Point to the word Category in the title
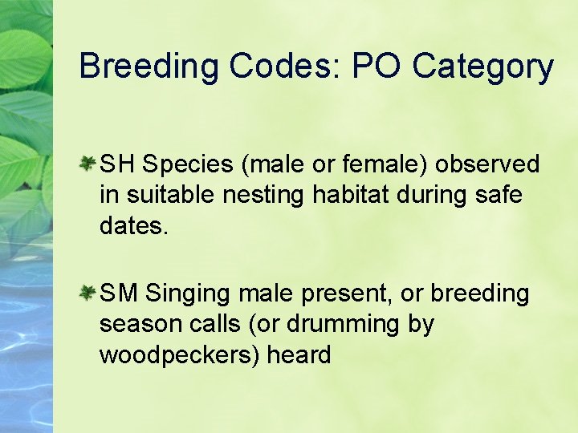point(482,67)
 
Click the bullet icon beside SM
point(88,294)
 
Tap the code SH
point(117,164)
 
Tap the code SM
point(119,294)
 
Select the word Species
point(188,165)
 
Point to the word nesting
point(242,195)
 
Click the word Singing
point(189,295)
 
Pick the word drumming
point(340,325)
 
